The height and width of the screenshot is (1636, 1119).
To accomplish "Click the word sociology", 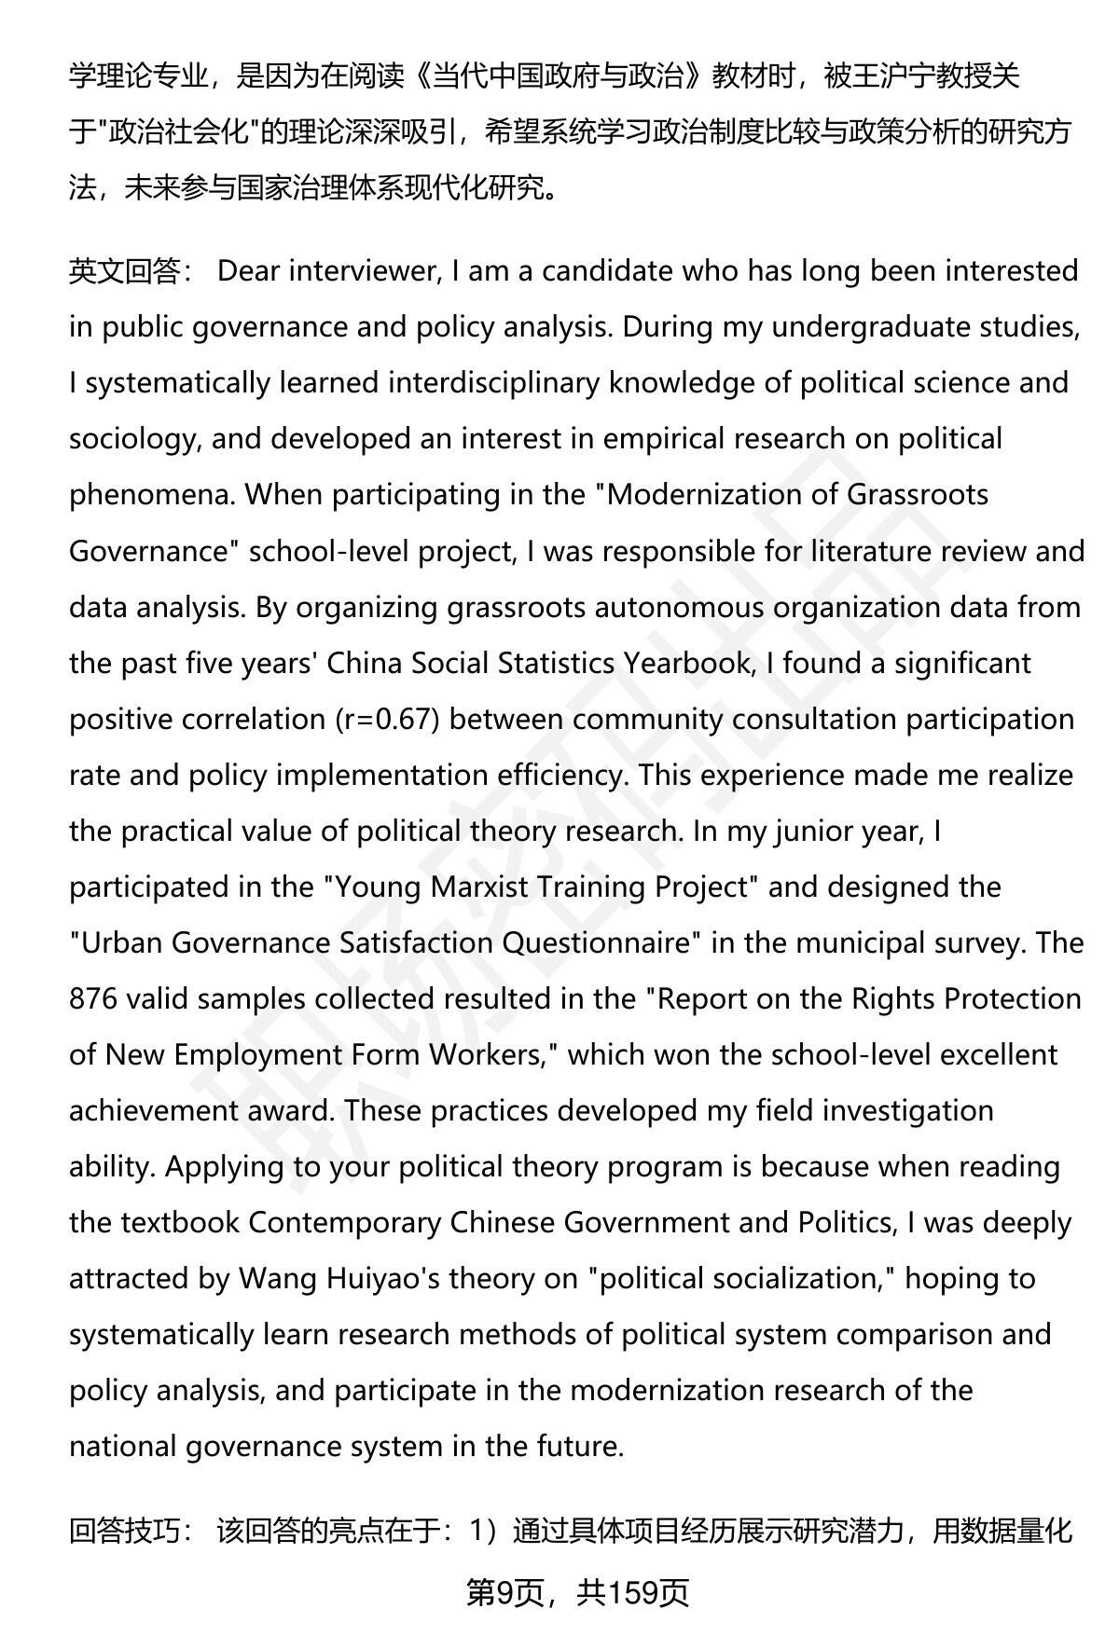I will pyautogui.click(x=134, y=439).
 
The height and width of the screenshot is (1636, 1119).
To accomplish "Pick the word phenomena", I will pyautogui.click(x=152, y=495).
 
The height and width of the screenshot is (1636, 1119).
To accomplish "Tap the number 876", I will pyautogui.click(x=93, y=998).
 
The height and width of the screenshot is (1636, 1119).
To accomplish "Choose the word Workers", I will pyautogui.click(x=490, y=1054).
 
